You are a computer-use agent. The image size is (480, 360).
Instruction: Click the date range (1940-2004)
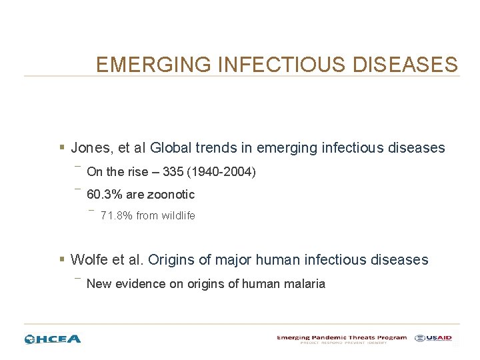221,172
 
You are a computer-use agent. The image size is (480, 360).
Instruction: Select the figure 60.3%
103,195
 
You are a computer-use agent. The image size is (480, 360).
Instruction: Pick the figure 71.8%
116,216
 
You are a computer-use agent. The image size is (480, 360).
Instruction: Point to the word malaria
305,284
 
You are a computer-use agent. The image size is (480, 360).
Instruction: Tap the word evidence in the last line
139,284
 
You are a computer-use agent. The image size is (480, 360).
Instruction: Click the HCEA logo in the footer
53,339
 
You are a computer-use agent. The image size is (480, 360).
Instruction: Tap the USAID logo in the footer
433,339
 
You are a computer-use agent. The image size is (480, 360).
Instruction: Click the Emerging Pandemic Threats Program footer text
341,337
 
